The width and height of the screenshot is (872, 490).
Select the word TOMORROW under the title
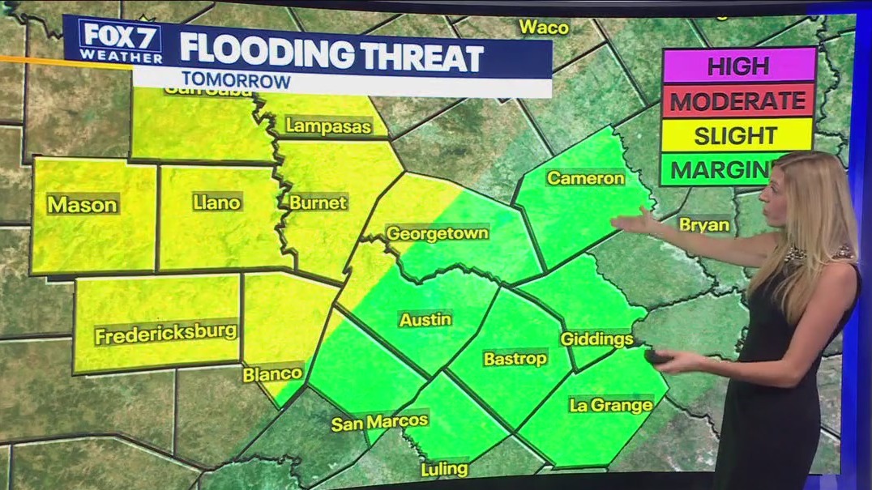(236, 81)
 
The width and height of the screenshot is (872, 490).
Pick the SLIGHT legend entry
(736, 135)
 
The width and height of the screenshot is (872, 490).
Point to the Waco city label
(544, 27)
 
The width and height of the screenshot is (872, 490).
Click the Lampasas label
(328, 126)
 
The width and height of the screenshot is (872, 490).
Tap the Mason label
(82, 205)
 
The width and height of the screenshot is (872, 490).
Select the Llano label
(217, 202)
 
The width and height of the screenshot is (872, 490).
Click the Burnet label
(318, 202)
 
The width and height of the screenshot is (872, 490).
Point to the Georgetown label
(437, 233)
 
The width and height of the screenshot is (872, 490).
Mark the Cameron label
(586, 177)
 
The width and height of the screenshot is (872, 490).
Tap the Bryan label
(703, 224)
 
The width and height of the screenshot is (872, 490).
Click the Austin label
(425, 319)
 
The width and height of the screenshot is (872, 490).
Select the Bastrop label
(515, 358)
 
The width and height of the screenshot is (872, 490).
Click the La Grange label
(611, 405)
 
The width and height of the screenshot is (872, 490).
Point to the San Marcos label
(379, 422)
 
